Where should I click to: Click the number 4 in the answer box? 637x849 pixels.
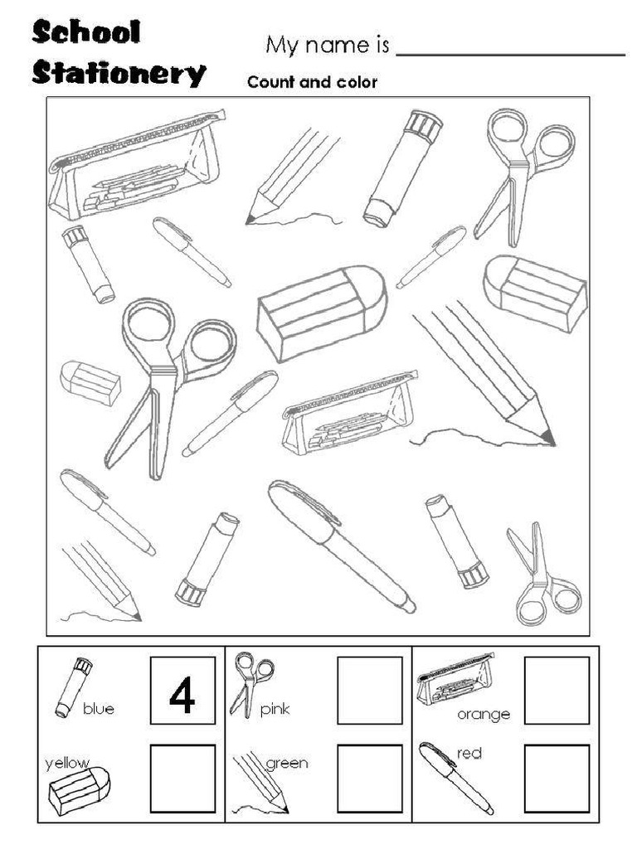click(182, 695)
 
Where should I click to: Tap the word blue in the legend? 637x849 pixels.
click(99, 708)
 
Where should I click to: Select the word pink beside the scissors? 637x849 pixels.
click(275, 709)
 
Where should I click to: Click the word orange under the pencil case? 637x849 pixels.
click(484, 714)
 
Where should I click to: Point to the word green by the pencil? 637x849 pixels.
click(286, 763)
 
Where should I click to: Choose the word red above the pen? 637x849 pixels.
click(469, 753)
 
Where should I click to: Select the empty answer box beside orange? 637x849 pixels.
click(557, 690)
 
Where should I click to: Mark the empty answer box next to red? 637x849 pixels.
click(557, 778)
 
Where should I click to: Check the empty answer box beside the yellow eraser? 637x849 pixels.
click(182, 778)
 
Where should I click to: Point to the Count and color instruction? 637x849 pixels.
click(312, 82)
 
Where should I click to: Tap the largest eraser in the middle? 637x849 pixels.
click(321, 312)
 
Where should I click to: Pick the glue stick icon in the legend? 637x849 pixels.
click(73, 687)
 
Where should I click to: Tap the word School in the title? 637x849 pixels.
click(86, 33)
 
